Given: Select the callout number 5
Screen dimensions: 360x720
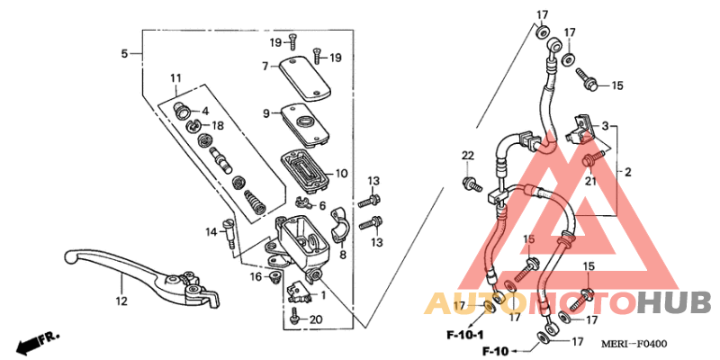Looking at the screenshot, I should pos(124,54).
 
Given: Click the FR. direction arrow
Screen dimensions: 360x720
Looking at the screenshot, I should pos(36,342).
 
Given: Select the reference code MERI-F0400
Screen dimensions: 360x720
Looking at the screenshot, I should pos(635,344).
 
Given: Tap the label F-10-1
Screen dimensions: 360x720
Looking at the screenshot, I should pos(466,334).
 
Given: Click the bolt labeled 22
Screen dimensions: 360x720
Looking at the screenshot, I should pos(469,184).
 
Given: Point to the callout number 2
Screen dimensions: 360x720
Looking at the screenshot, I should pos(627,171).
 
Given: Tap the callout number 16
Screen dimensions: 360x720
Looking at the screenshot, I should pos(256,277).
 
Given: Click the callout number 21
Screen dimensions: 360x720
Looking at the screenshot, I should pos(592,180).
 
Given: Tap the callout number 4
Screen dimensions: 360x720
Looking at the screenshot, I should pos(205,111).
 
